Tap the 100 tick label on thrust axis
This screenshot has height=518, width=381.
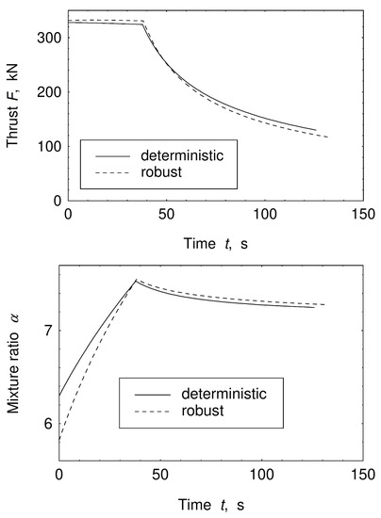click(x=47, y=147)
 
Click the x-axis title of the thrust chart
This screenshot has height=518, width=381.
click(x=209, y=240)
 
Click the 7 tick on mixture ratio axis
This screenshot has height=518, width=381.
click(x=47, y=330)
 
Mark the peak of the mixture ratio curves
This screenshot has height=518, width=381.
click(x=136, y=280)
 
